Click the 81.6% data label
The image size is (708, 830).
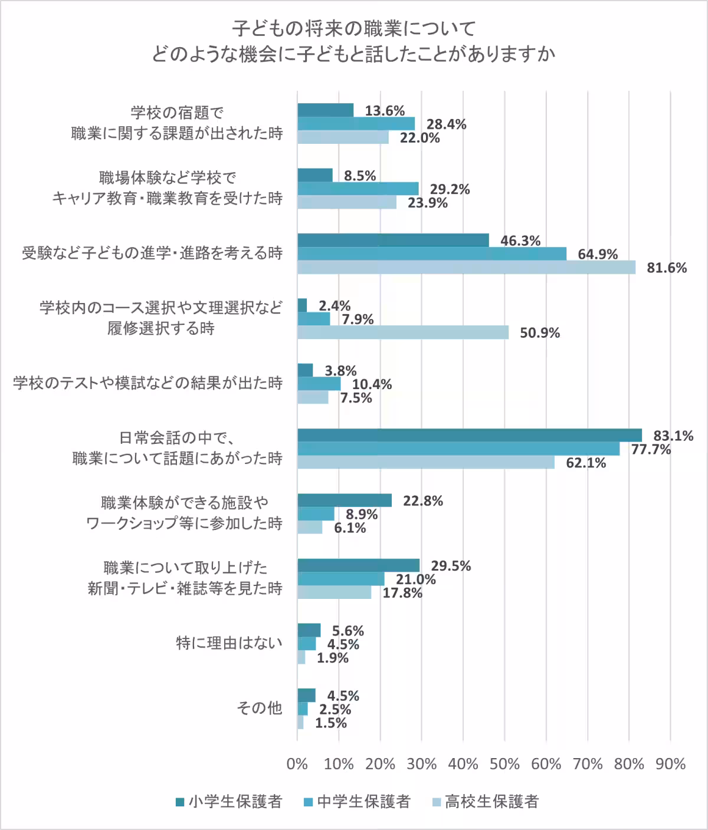[667, 268]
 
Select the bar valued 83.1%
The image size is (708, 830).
[469, 436]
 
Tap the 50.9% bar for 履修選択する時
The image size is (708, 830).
[402, 332]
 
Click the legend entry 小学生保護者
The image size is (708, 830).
[229, 802]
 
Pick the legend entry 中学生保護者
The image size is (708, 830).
[357, 802]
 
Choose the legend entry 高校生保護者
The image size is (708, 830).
[486, 802]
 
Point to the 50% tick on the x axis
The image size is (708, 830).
[504, 765]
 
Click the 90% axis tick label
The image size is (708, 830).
[670, 765]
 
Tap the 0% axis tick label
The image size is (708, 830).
[297, 765]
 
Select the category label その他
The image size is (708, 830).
[259, 707]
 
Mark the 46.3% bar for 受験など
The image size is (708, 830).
[393, 241]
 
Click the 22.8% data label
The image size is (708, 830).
[422, 501]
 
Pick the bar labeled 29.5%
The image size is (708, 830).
[358, 566]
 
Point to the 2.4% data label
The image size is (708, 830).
[335, 306]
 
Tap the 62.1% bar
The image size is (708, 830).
[425, 463]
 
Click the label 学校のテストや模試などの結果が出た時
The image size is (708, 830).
[147, 383]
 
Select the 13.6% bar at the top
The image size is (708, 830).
[325, 111]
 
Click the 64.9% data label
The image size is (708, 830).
[598, 255]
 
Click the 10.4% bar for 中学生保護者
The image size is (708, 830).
[319, 384]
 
